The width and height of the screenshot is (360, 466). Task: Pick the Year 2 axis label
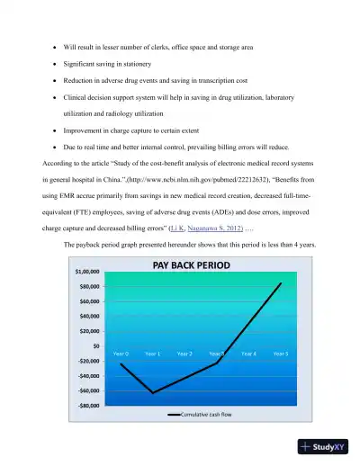[x=184, y=354]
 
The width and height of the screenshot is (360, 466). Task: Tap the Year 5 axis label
[x=281, y=354]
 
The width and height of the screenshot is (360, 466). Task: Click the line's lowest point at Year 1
[x=152, y=393]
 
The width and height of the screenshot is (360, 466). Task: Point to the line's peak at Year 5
[x=281, y=283]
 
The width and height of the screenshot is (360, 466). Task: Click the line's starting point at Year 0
[x=121, y=363]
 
